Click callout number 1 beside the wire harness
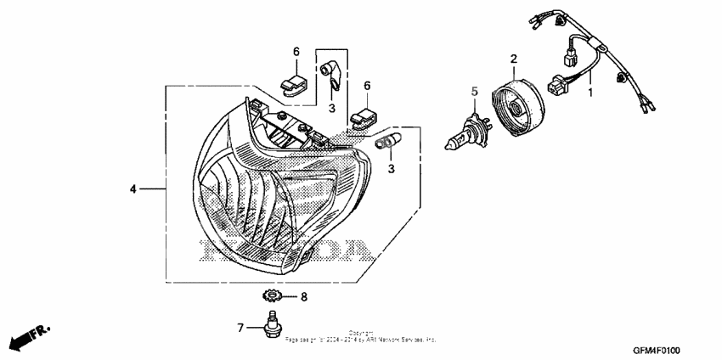pyautogui.click(x=592, y=89)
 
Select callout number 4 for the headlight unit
pyautogui.click(x=133, y=188)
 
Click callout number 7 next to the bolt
pyautogui.click(x=241, y=326)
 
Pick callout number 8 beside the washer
pyautogui.click(x=303, y=297)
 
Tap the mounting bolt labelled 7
pyautogui.click(x=272, y=327)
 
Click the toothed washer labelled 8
pyautogui.click(x=272, y=296)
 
